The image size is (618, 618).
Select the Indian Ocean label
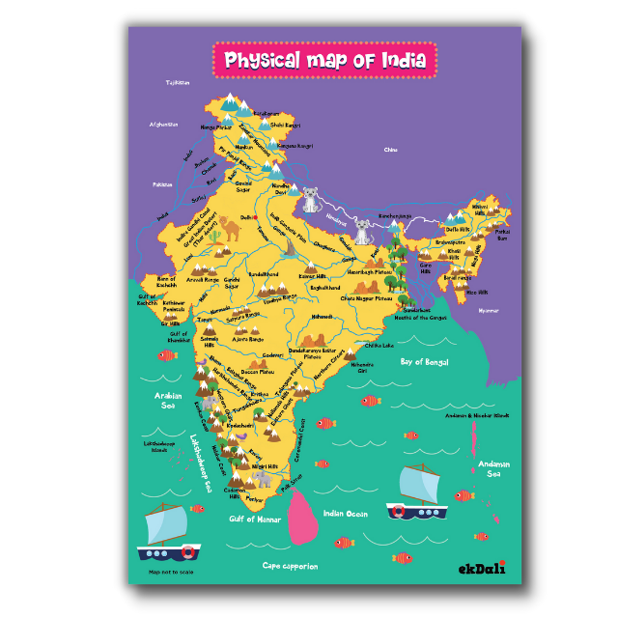pyautogui.click(x=345, y=514)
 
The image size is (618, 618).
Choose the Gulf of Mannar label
pyautogui.click(x=255, y=520)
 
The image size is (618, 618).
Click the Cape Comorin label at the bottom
pyautogui.click(x=289, y=567)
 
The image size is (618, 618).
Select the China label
pyautogui.click(x=390, y=150)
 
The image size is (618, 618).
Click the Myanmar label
pyautogui.click(x=490, y=310)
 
